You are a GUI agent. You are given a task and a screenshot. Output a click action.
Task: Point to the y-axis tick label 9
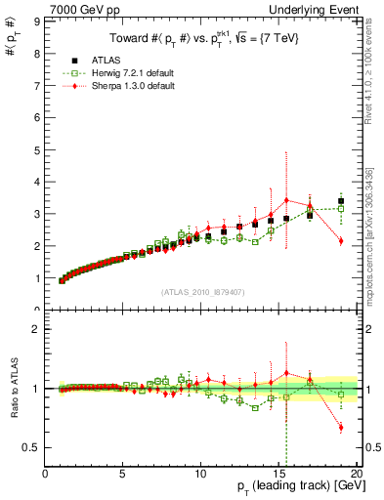(37, 20)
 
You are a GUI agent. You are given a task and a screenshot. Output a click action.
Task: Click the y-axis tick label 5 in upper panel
(37, 148)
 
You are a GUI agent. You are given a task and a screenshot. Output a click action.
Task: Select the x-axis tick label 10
(200, 475)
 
